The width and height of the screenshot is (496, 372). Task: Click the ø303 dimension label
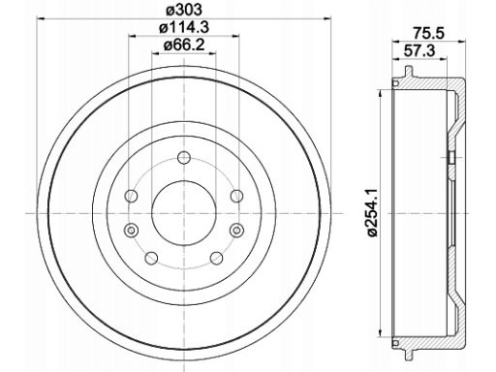184,10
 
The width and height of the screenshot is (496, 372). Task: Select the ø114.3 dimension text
184,27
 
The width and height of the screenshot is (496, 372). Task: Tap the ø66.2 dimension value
184,45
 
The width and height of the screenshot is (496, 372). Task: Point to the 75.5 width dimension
429,33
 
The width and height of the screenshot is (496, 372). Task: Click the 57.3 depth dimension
419,50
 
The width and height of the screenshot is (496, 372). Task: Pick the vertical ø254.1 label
374,213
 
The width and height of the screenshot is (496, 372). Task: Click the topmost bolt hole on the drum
184,158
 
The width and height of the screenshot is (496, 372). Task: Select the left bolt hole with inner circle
131,230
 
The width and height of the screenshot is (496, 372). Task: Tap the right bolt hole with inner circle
236,230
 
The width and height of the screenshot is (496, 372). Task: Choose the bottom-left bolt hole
151,258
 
